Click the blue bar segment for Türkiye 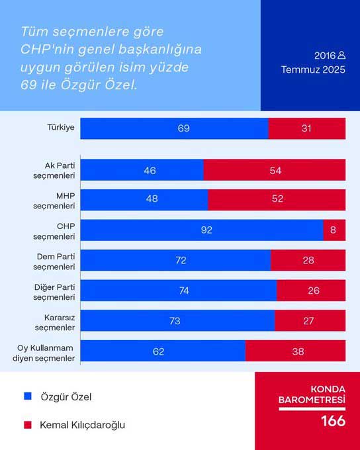(x=174, y=128)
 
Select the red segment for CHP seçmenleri (x=334, y=230)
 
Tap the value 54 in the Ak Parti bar (x=275, y=170)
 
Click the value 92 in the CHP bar (x=207, y=230)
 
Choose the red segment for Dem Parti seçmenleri (x=308, y=260)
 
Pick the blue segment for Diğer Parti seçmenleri (x=179, y=291)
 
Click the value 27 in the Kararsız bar (x=308, y=320)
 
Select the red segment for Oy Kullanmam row (x=295, y=351)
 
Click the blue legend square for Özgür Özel (x=28, y=396)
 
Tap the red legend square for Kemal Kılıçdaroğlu (x=28, y=425)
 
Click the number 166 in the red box (x=333, y=421)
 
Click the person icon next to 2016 (x=341, y=55)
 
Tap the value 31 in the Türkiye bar (x=306, y=128)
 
